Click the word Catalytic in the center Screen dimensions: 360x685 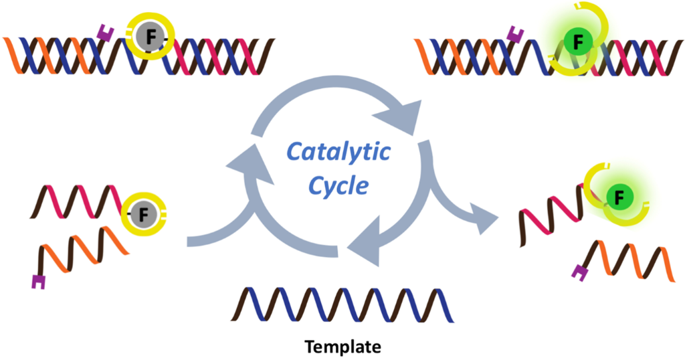(338, 153)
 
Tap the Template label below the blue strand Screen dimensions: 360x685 (342, 347)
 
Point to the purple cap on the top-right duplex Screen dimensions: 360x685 (515, 34)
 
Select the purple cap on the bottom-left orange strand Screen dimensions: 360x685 (39, 282)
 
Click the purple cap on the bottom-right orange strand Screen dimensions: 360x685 (579, 270)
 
